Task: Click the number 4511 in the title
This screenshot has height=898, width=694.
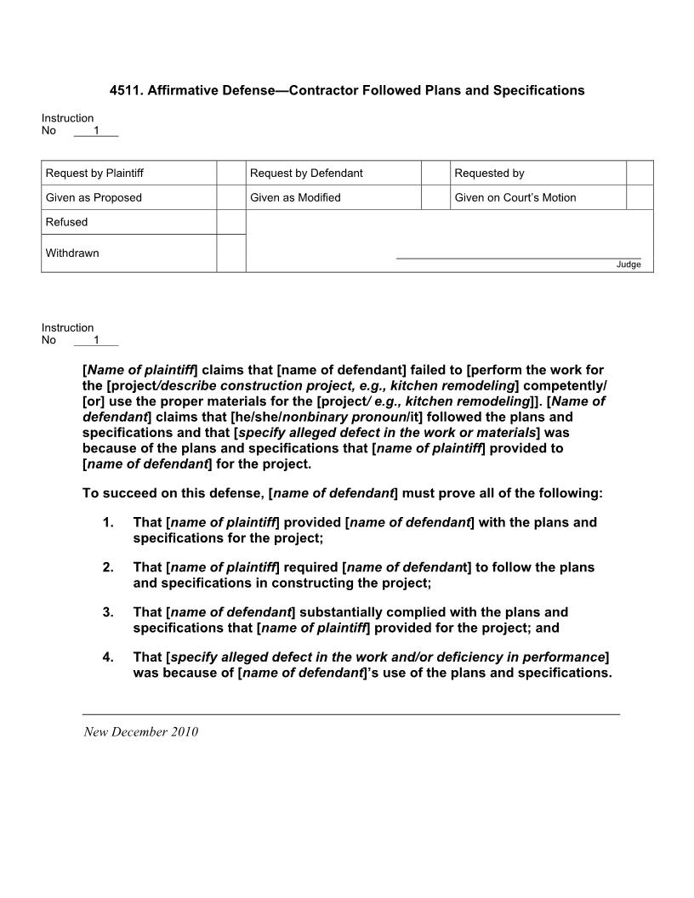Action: click(125, 90)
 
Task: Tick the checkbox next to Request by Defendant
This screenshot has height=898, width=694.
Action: click(435, 173)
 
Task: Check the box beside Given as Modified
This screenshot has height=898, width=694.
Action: click(435, 197)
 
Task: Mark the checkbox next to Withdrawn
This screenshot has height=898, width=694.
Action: click(230, 253)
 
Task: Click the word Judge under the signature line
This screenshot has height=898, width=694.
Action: click(629, 264)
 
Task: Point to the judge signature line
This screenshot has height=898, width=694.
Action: click(518, 258)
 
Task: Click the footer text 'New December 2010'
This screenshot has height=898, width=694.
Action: click(140, 732)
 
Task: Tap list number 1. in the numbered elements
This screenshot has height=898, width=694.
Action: click(108, 522)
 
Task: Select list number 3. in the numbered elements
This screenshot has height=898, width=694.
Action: click(108, 612)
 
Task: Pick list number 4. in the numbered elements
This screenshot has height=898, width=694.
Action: click(108, 657)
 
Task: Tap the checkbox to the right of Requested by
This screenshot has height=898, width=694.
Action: click(640, 173)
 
